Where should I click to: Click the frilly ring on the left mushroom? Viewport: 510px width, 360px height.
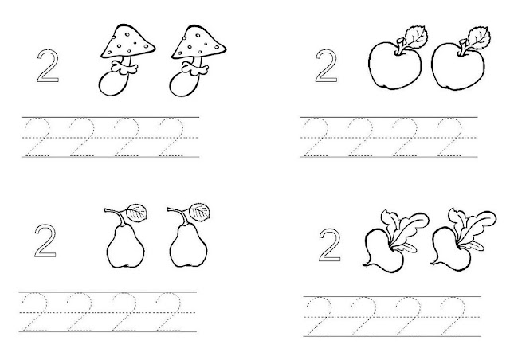coord(124,68)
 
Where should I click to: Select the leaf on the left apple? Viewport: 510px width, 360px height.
coord(415,37)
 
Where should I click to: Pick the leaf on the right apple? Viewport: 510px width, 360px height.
coord(479,37)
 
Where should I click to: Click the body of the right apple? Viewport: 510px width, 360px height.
coord(458,67)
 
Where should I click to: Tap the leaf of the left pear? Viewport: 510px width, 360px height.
coord(137,213)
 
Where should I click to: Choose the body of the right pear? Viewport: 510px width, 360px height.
coord(188,246)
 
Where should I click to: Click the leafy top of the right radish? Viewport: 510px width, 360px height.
coord(472,227)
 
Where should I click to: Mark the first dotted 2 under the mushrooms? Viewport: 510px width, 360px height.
coord(37,137)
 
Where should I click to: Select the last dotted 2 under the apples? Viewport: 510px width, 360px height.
coord(450,137)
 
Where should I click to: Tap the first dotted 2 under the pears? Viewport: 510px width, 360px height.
coord(35,312)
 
